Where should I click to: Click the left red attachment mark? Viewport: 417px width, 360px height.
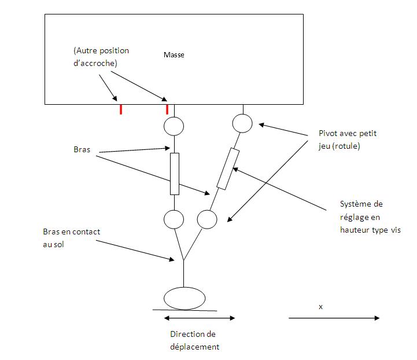coord(120,109)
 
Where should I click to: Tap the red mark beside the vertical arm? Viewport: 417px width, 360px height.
coord(167,109)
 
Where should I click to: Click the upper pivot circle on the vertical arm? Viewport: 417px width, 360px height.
coord(174,125)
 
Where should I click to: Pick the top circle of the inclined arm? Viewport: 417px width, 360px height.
coord(242,123)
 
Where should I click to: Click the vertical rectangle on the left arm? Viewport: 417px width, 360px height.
coord(175,174)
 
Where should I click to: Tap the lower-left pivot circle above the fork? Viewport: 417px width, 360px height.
coord(174,219)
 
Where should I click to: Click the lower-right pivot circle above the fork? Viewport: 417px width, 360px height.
coord(206,219)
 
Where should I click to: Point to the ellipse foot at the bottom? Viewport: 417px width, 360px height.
coord(184,298)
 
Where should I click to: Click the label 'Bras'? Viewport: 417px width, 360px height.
coord(82,149)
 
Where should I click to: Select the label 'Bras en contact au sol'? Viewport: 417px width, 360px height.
coord(71,237)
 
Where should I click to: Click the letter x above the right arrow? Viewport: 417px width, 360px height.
coord(320,306)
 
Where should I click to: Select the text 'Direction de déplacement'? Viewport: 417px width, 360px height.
coord(194,340)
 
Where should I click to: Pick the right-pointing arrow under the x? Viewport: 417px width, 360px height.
coord(334,318)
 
